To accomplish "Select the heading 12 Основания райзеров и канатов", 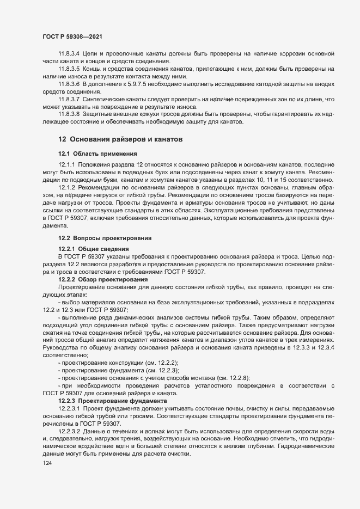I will pyautogui.click(x=120, y=140).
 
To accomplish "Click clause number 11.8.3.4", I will pyautogui.click(x=69, y=54).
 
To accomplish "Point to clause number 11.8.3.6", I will pyautogui.click(x=69, y=84).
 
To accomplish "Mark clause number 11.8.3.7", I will pyautogui.click(x=69, y=100).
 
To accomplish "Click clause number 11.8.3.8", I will pyautogui.click(x=69, y=115).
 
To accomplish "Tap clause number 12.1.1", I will pyautogui.click(x=66, y=164).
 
